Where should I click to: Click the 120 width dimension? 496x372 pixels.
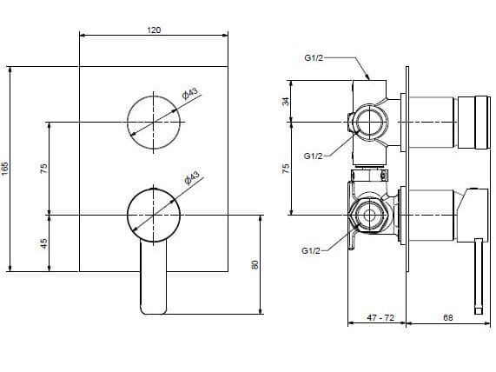click(154, 30)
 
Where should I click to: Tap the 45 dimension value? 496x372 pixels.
click(43, 242)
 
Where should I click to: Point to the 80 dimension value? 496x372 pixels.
click(255, 263)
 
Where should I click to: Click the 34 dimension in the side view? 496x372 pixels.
click(286, 101)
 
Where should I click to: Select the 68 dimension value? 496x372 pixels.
click(446, 318)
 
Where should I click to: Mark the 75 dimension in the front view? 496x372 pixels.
click(43, 168)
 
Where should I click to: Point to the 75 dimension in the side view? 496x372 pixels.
click(286, 168)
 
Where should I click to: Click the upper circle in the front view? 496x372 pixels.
click(154, 120)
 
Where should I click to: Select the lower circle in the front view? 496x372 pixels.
click(154, 213)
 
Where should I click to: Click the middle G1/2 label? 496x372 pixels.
click(314, 156)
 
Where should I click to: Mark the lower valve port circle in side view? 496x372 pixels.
click(370, 214)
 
